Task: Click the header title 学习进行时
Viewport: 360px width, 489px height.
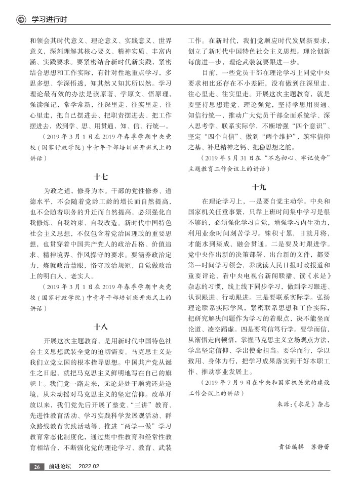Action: (50, 20)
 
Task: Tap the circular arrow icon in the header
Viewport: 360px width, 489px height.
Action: (21, 20)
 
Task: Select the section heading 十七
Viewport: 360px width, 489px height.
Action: (100, 177)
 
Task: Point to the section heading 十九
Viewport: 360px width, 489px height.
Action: (259, 186)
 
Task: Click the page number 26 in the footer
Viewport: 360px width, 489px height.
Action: (37, 466)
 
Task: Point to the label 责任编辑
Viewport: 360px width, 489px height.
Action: (291, 447)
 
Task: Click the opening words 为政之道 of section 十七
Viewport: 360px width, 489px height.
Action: (57, 191)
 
